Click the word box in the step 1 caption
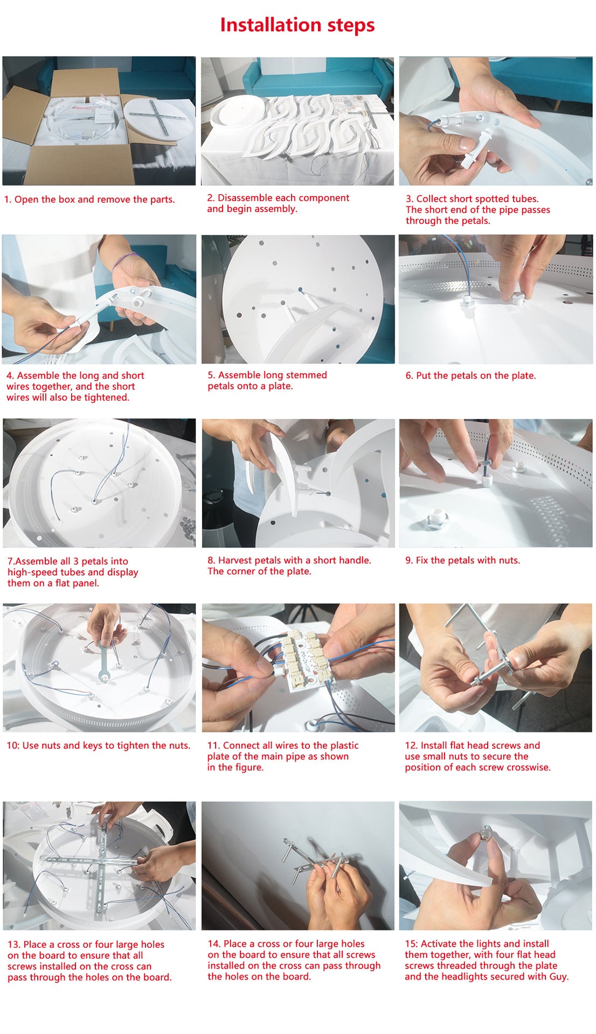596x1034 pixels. pos(67,199)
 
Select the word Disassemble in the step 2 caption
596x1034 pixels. pos(244,198)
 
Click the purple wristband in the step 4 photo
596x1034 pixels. pos(124,260)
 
